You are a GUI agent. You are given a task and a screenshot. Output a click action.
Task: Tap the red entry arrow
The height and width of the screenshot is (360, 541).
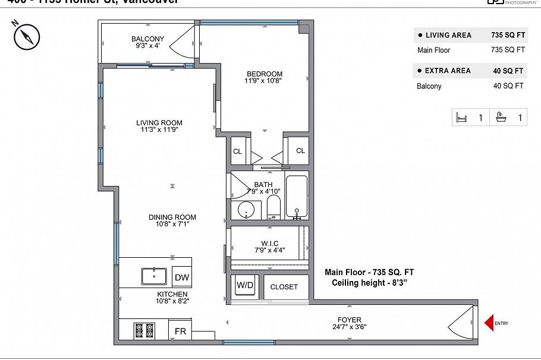coord(489,323)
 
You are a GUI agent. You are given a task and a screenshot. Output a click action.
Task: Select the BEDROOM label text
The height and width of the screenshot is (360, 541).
coord(265,74)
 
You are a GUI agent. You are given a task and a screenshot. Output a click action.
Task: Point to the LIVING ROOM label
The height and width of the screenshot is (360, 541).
coord(159,124)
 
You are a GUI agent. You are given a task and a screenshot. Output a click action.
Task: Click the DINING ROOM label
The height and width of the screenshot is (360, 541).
coord(172,217)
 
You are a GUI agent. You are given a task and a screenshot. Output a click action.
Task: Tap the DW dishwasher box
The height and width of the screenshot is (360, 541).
coord(181,277)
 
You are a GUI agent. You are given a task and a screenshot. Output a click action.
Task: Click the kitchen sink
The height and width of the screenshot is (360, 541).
coord(154,276)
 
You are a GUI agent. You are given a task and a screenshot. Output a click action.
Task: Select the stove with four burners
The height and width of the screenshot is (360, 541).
coord(144,330)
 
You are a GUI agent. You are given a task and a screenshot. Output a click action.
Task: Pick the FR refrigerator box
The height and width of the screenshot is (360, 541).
coord(180,331)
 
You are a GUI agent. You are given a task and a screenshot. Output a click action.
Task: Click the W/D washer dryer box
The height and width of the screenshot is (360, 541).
coord(244,286)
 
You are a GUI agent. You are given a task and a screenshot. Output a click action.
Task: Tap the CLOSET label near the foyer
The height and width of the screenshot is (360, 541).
coord(284,287)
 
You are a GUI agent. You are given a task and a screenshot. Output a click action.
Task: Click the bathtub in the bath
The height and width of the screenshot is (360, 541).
coord(296,197)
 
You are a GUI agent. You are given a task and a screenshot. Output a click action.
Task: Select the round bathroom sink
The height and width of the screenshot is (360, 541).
coord(246,210)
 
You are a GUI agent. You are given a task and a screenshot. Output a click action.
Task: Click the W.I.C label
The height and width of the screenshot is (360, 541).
coord(269,244)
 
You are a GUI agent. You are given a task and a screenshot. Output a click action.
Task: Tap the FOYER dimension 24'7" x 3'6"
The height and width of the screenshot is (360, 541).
coord(348,328)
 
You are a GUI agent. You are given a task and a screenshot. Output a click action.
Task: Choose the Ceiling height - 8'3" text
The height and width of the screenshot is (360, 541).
coord(369,283)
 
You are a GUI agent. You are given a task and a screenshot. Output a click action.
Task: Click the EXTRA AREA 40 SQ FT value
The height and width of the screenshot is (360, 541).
coord(508,71)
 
